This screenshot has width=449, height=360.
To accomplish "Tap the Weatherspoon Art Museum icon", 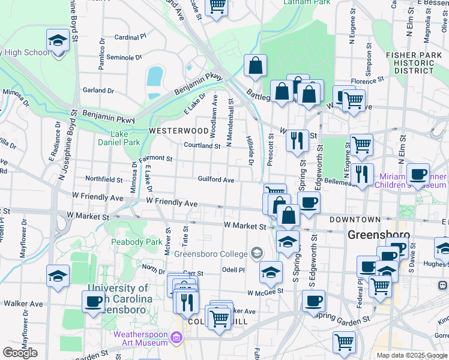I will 176,338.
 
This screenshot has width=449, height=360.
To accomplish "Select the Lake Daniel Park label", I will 119,138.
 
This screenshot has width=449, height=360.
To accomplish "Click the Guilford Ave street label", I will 216,179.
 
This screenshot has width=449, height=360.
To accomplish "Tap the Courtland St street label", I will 202,145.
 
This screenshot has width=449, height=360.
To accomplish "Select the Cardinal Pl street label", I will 130,37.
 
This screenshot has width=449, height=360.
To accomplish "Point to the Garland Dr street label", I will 98,91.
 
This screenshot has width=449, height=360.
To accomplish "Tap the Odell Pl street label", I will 234,270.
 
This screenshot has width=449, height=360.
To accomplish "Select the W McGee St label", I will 265,292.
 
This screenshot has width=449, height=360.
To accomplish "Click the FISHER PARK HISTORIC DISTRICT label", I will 410,62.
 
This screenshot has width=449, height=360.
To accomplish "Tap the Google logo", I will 20,353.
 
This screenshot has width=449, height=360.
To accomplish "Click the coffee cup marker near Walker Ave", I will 94,301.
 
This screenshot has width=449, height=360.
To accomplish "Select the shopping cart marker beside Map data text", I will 344,342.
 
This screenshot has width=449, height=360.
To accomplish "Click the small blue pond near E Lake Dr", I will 155,76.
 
